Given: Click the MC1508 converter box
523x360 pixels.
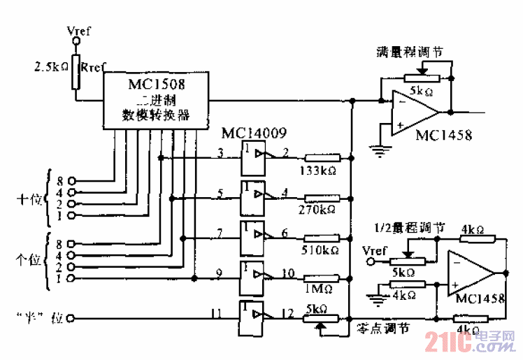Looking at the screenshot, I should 157,101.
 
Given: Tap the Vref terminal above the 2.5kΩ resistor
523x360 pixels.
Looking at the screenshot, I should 78,42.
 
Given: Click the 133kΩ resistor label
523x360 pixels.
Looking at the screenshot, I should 319,171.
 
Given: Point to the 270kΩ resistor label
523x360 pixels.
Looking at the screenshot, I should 319,210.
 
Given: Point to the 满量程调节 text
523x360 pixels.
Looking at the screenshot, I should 409,52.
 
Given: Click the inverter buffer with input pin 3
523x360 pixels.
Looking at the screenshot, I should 252,158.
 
